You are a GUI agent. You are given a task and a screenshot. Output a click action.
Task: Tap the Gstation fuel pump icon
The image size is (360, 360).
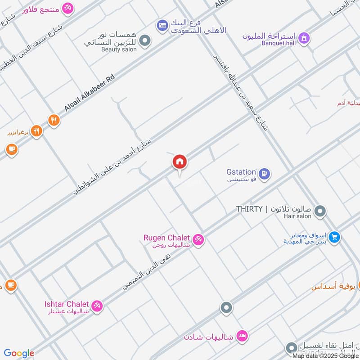pos(265,172)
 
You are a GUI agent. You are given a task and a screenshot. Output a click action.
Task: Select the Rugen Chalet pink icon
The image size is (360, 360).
pos(198,239)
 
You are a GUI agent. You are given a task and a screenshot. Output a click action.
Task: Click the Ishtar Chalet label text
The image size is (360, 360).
pos(67,304)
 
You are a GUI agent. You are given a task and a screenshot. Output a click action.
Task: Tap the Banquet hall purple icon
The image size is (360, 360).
pos(304,38)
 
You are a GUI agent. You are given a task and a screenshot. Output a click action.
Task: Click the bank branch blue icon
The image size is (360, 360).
pos(162,26)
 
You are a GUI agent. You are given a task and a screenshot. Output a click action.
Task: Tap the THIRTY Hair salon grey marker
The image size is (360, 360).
pos(320,211)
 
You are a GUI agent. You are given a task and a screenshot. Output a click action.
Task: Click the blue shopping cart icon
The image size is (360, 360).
pos(334,237)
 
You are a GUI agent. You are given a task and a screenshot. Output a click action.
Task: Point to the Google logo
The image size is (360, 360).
pos(19,353)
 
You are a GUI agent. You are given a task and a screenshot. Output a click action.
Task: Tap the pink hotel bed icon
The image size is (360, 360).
pos(242,336)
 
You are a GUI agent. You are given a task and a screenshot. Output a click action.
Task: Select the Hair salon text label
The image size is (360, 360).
pos(297,216)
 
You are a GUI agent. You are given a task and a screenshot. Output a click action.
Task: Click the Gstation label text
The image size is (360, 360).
pos(241,172)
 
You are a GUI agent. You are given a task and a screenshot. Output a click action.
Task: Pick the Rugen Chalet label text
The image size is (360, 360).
pos(166,237)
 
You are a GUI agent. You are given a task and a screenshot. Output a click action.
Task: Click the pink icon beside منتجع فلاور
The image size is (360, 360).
pos(67,8)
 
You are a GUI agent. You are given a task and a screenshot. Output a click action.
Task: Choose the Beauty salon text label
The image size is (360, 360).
pos(119,49)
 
